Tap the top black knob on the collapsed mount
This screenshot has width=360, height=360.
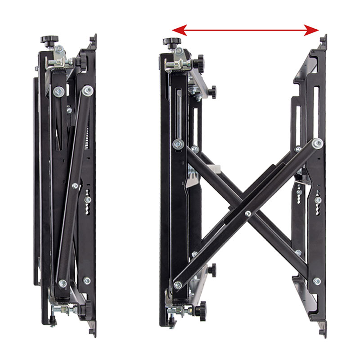tap(46, 40)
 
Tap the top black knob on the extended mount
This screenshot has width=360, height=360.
tap(169, 42)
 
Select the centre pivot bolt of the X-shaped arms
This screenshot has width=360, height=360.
tap(247, 213)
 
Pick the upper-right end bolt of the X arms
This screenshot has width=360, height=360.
tap(318, 144)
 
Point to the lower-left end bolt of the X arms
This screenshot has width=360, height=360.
tap(177, 284)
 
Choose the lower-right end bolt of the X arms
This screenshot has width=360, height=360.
tap(317, 281)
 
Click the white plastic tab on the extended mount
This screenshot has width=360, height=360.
tap(215, 170)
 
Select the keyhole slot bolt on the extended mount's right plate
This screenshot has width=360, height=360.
tap(318, 200)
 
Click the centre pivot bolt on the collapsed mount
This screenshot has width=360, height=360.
tap(75, 185)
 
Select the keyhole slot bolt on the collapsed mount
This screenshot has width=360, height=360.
tap(88, 199)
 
